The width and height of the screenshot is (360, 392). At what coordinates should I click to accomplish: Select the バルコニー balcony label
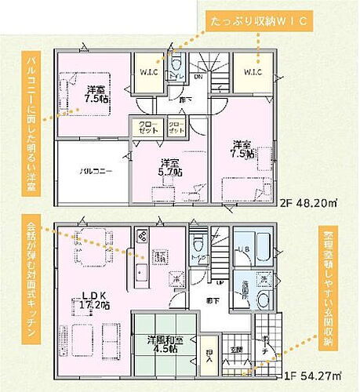(94, 170)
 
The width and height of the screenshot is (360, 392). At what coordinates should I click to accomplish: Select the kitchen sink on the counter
(142, 274)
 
